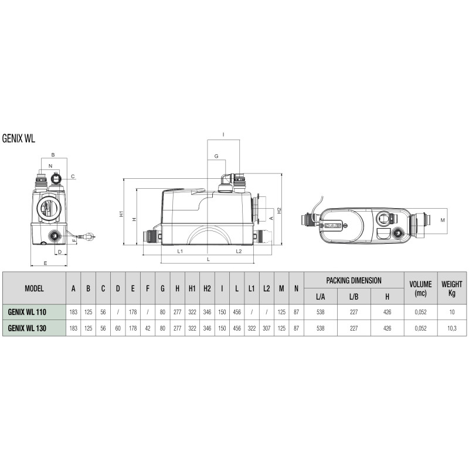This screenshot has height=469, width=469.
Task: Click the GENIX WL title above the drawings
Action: tap(19, 138)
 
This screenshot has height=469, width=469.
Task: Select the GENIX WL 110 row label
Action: tap(27, 312)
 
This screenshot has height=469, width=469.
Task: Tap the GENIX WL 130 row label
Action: tap(27, 328)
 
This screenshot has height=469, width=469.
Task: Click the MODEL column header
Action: tap(34, 288)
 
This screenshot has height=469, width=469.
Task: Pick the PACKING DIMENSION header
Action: tap(354, 280)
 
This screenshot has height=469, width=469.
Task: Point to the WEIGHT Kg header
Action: tap(451, 288)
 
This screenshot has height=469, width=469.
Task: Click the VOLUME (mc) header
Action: tap(420, 288)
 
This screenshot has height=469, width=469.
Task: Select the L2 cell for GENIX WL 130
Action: tap(267, 328)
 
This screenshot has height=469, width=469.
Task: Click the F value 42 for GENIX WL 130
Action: tap(148, 328)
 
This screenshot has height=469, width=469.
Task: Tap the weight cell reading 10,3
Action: tap(451, 328)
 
